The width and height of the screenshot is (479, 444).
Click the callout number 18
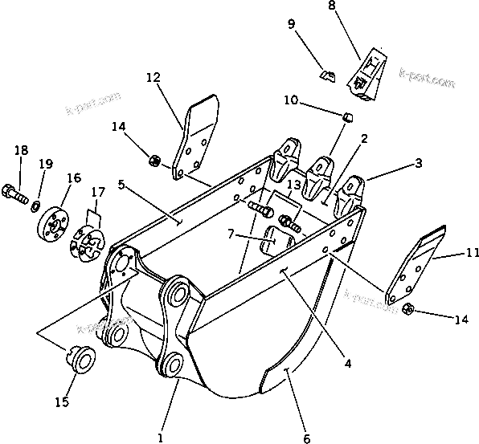[x=21, y=150]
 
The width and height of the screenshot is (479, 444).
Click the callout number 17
[x=98, y=193]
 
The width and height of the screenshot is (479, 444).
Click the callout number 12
[x=154, y=78]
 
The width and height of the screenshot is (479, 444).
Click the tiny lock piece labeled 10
[x=348, y=118]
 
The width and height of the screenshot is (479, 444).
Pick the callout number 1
[x=161, y=438]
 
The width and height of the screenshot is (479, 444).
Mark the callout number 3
[x=418, y=163]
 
